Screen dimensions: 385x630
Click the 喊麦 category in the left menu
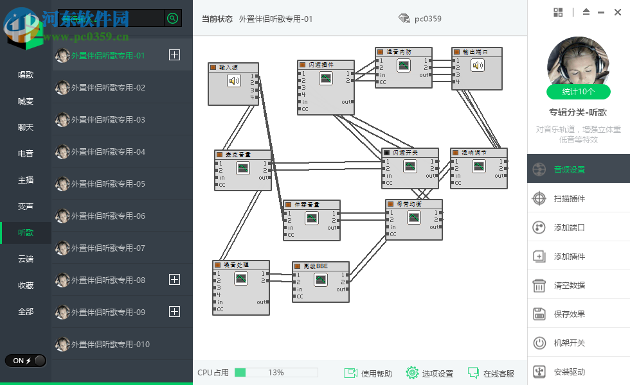26,101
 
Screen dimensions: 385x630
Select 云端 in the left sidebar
26,259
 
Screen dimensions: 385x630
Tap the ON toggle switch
26,361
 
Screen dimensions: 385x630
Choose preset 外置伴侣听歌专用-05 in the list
108,184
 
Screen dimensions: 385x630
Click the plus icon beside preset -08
174,280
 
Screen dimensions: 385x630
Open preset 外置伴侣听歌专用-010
110,345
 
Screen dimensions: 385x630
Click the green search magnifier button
172,18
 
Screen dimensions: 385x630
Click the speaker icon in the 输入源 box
233,80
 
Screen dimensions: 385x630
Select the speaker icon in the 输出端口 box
477,65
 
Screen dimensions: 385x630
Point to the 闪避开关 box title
405,153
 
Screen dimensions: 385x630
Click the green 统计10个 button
578,92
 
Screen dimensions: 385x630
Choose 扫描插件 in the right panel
570,199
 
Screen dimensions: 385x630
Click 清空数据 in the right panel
570,286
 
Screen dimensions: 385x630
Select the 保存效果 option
570,314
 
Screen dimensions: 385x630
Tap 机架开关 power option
570,343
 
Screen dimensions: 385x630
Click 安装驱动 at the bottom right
570,372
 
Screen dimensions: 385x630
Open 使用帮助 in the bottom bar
369,373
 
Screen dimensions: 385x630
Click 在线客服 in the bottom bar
491,373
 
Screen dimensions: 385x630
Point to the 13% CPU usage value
276,373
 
